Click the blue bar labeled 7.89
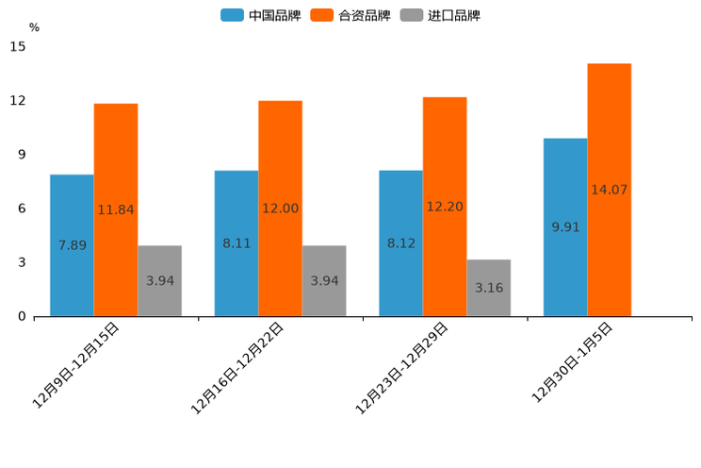click(x=72, y=245)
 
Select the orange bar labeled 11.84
click(x=116, y=209)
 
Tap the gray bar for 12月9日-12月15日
click(x=159, y=280)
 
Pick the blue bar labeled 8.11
click(x=236, y=243)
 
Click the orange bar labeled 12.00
click(x=280, y=209)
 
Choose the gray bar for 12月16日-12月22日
click(x=324, y=280)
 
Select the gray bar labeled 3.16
click(x=488, y=287)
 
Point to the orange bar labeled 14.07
click(x=609, y=190)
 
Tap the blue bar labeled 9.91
click(x=565, y=226)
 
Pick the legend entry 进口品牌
click(x=440, y=15)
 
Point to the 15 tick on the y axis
click(x=17, y=46)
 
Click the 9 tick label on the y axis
click(x=22, y=155)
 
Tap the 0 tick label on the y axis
click(x=22, y=316)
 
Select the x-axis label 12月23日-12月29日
click(x=402, y=367)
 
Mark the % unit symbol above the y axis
click(x=34, y=27)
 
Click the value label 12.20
click(x=445, y=207)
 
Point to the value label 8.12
click(x=400, y=243)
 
